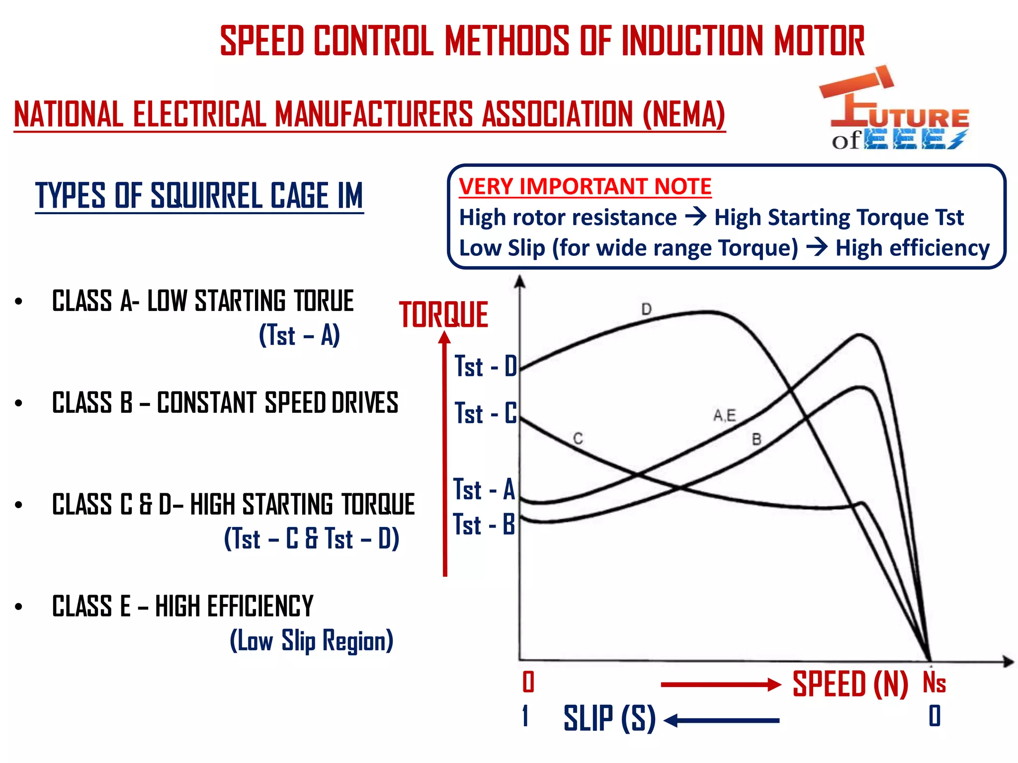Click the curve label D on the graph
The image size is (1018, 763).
coord(646,309)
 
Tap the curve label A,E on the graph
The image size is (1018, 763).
coord(724,415)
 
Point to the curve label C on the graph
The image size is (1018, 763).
coord(578,439)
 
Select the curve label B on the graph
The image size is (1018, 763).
coord(757,440)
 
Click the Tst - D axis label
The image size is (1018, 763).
coord(486,367)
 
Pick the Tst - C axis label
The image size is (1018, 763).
coord(486,413)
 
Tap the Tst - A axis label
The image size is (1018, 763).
coord(484,489)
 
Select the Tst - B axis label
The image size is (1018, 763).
coord(484,525)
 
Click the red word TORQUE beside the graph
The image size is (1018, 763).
coord(443,315)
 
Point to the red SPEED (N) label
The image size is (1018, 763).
coord(850,685)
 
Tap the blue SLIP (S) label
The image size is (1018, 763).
coord(609,719)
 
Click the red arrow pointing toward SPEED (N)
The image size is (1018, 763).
coord(721,685)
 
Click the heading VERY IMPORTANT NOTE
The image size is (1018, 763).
coord(585,187)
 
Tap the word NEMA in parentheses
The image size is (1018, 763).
coord(684,114)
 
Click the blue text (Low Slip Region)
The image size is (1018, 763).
coord(312,641)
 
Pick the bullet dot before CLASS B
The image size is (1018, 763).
coord(19,403)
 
